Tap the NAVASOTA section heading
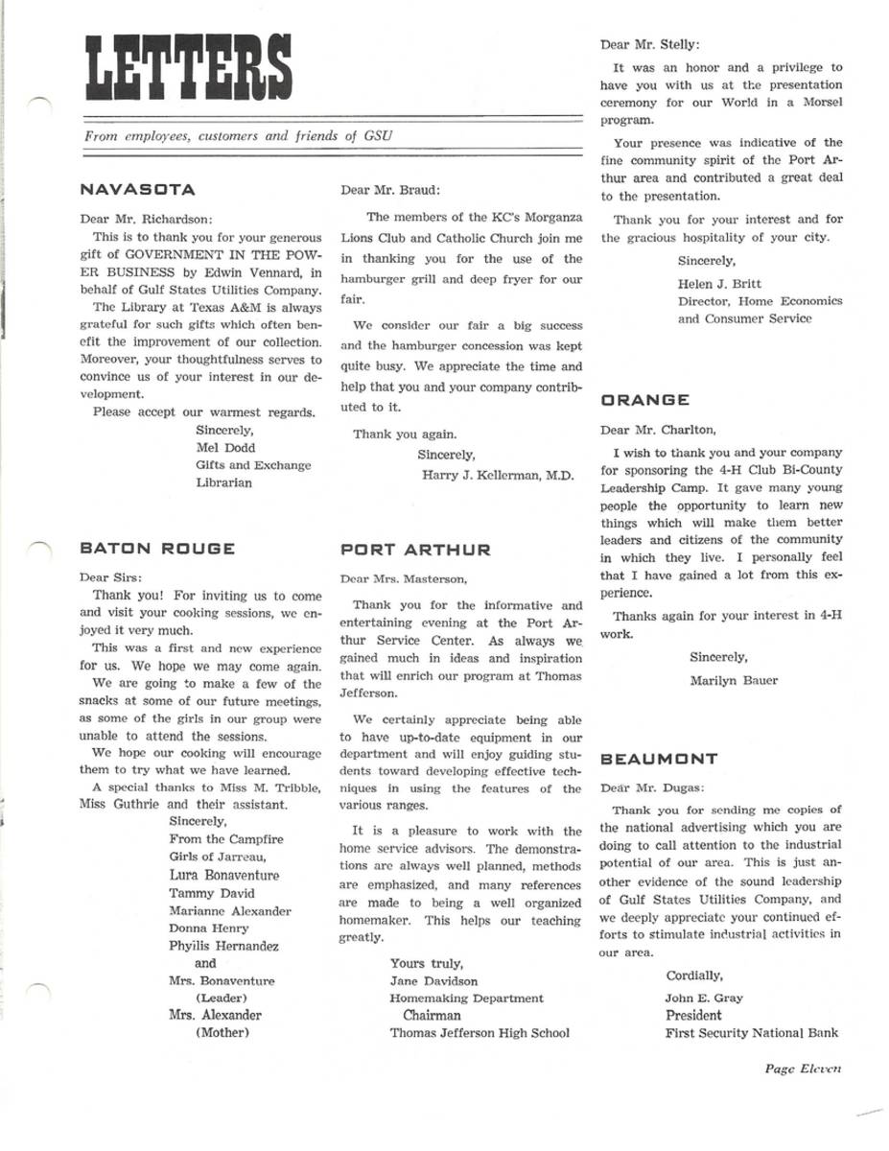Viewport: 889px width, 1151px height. pyautogui.click(x=138, y=190)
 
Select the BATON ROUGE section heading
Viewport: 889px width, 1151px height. pyautogui.click(x=157, y=549)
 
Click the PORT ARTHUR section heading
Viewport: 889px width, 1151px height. pyautogui.click(x=415, y=550)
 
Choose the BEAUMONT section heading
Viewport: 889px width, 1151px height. pyautogui.click(x=659, y=759)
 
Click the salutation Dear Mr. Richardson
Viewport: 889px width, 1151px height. pyautogui.click(x=148, y=218)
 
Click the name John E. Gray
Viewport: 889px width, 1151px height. pyautogui.click(x=704, y=998)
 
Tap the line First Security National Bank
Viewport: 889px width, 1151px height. pyautogui.click(x=752, y=1033)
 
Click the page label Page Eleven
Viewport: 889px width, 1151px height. pyautogui.click(x=803, y=1068)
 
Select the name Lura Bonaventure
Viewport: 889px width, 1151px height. pyautogui.click(x=224, y=876)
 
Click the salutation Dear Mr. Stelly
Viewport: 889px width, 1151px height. pyautogui.click(x=650, y=44)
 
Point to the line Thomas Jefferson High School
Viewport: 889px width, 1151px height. pyautogui.click(x=480, y=1033)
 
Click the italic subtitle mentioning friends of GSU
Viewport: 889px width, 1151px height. pyautogui.click(x=238, y=136)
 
